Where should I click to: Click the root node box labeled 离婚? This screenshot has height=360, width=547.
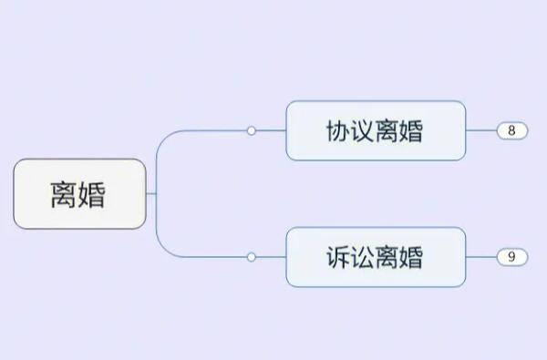point(79,193)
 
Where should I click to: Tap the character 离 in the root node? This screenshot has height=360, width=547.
point(64,194)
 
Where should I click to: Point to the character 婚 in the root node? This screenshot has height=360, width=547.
point(93,194)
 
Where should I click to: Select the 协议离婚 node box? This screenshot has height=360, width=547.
point(376,130)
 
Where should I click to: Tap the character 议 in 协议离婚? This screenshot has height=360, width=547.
point(363,131)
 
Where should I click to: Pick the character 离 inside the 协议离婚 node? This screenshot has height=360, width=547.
point(387,131)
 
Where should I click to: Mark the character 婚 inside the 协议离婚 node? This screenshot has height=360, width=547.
point(412,131)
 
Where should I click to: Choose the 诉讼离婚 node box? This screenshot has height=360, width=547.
point(376,257)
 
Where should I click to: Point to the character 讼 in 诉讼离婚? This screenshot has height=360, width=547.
point(363,257)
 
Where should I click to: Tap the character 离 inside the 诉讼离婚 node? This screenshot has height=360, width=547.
point(387,257)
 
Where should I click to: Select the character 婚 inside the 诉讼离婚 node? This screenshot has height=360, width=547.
point(412,257)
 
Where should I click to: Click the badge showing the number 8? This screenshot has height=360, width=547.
point(512,130)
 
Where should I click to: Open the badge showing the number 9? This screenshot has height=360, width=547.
point(512,257)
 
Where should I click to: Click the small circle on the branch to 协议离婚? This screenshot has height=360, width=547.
point(252,130)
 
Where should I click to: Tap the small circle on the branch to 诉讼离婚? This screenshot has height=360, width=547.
point(252,257)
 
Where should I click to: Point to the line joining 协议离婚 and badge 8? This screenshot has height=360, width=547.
point(481,130)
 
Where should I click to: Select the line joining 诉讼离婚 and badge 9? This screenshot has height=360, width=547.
point(481,257)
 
